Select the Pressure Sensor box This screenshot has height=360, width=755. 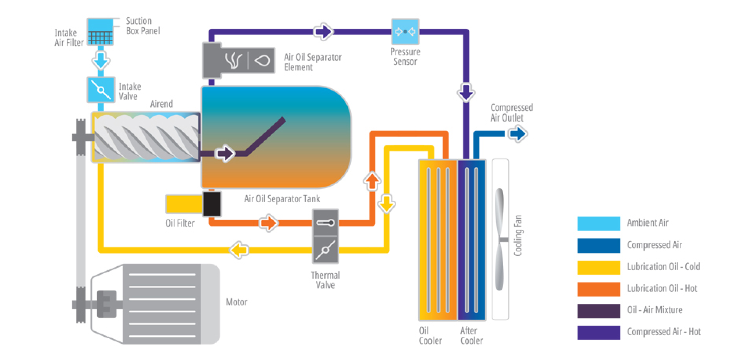click(x=405, y=32)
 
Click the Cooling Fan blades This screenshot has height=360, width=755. click(x=500, y=239)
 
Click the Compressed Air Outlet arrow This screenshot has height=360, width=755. click(x=517, y=134)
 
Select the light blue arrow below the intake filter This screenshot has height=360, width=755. click(x=100, y=62)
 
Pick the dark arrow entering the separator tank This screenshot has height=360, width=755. click(x=225, y=153)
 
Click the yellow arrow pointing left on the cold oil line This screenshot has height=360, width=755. click(x=239, y=249)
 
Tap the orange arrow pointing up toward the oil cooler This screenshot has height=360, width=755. click(x=372, y=181)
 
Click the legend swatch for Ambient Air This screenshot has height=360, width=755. click(x=598, y=223)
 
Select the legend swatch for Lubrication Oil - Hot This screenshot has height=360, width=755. click(x=598, y=289)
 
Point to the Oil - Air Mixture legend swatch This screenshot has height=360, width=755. click(x=598, y=310)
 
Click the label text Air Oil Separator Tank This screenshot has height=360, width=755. click(x=282, y=199)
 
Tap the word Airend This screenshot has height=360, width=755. click(x=161, y=104)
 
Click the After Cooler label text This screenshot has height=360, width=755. click(x=471, y=336)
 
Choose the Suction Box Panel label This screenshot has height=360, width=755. click(x=142, y=26)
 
